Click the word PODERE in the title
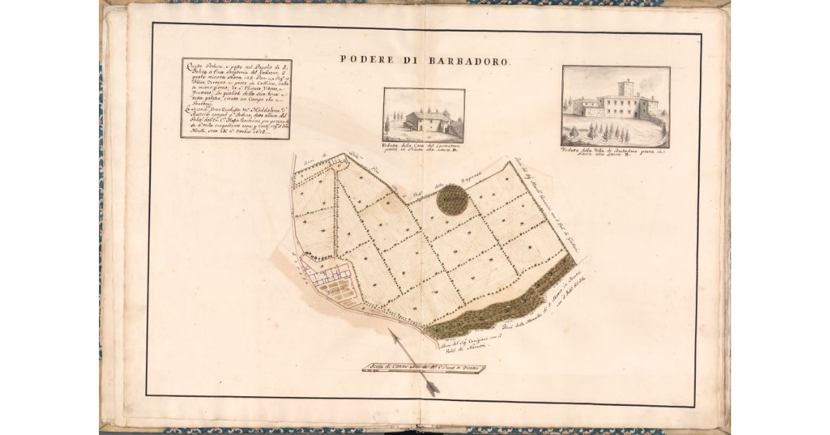pyautogui.click(x=363, y=60)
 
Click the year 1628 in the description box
pyautogui.click(x=276, y=132)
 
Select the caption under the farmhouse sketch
pyautogui.click(x=423, y=150)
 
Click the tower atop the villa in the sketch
pyautogui.click(x=626, y=87)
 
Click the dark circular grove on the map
pyautogui.click(x=453, y=199)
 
